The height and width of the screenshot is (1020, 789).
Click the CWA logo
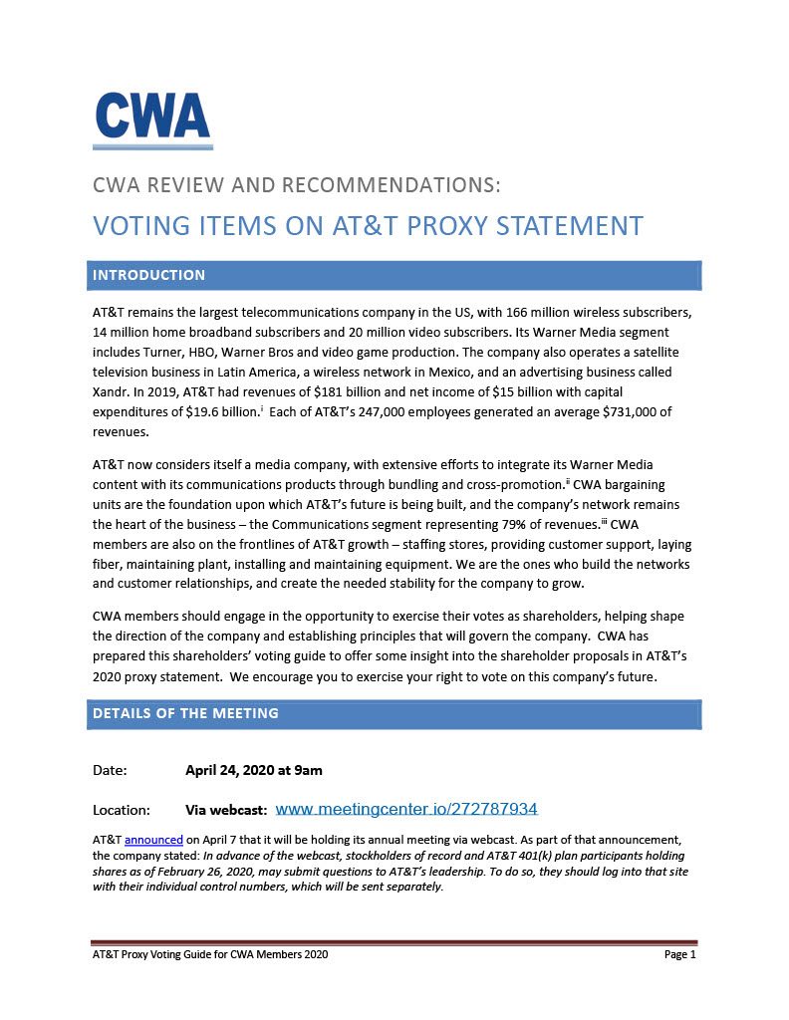pos(152,120)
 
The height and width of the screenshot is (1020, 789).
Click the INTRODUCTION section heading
pos(148,275)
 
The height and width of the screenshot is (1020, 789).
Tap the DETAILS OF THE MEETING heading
pos(185,713)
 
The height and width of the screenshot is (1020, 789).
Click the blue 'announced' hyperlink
pos(153,840)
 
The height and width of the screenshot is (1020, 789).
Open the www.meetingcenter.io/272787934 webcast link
pos(405,809)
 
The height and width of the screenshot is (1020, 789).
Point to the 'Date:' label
pos(110,770)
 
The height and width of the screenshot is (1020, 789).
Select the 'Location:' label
pos(122,810)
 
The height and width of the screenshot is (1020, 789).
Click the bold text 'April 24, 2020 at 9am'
pos(253,770)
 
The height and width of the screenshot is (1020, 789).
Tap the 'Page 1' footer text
pos(679,954)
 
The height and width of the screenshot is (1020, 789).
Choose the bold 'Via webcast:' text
pos(226,810)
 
